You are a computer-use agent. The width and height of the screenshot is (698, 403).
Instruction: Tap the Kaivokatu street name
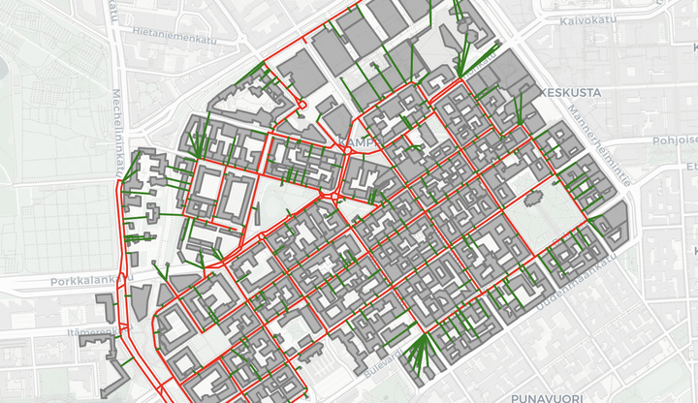[589, 19]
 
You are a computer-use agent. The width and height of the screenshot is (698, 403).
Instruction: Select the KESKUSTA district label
[572, 92]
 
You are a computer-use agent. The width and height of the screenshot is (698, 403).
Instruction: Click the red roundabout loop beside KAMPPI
[346, 151]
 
